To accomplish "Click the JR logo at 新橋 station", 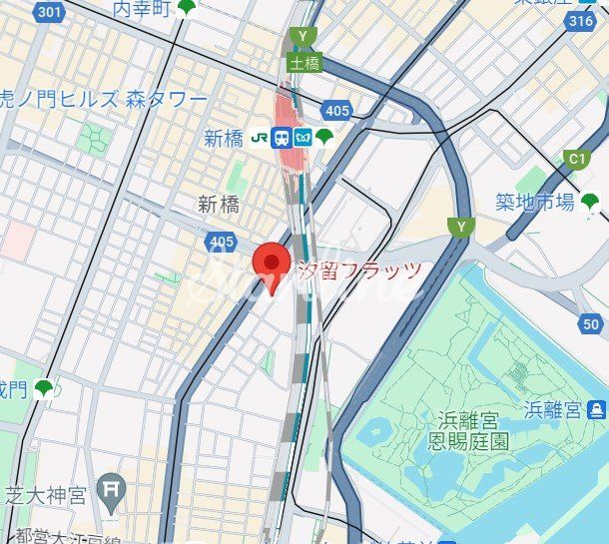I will coord(260,138).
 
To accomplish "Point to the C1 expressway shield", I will coord(577,159).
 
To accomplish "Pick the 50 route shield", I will coord(591,323).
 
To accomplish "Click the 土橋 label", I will coord(304,62).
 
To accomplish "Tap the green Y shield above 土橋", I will coord(302,37).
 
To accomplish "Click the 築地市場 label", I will coord(535,203).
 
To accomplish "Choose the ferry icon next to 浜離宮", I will coord(596,409).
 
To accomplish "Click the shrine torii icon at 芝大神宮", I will coord(112,491).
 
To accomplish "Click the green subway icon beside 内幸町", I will coord(187,9).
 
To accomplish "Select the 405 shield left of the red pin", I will coord(222,242).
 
